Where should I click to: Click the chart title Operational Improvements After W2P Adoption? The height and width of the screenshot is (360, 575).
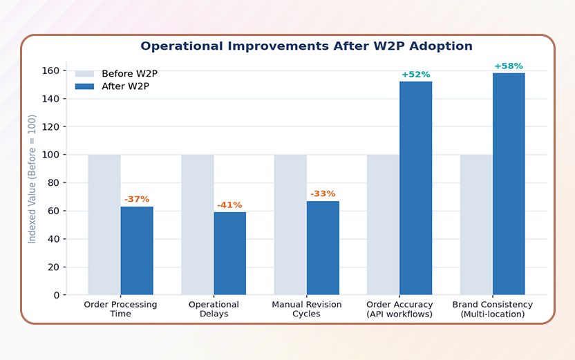tap(306, 46)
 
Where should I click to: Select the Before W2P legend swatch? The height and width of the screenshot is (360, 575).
tap(84, 74)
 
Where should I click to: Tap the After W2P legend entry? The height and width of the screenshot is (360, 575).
tap(125, 86)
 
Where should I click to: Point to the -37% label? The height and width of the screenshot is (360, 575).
tap(137, 199)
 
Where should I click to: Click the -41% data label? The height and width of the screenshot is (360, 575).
tap(229, 205)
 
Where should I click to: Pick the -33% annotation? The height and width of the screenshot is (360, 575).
tap(323, 193)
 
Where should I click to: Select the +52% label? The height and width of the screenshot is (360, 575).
tap(415, 75)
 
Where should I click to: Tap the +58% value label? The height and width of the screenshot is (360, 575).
tap(509, 66)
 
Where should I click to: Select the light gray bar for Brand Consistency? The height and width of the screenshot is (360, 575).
tap(476, 225)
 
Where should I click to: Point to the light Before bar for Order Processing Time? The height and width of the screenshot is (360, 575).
tap(104, 225)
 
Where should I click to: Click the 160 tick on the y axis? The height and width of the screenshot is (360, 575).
tap(51, 71)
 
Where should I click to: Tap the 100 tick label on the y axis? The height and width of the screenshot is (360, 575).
tap(51, 155)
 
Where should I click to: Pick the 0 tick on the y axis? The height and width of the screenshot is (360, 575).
tap(56, 295)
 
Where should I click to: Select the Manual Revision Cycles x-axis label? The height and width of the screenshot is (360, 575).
tap(306, 309)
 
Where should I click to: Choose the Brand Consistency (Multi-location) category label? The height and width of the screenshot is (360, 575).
tap(492, 309)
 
